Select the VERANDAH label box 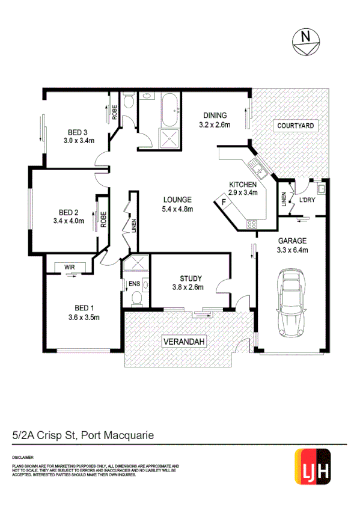[185, 342]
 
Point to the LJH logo [314, 467]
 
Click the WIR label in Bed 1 [70, 266]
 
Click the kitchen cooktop [251, 225]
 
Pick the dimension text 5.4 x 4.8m [177, 209]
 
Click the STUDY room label [191, 278]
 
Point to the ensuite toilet [136, 297]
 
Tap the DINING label [215, 115]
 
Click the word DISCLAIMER [22, 457]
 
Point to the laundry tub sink [322, 188]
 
